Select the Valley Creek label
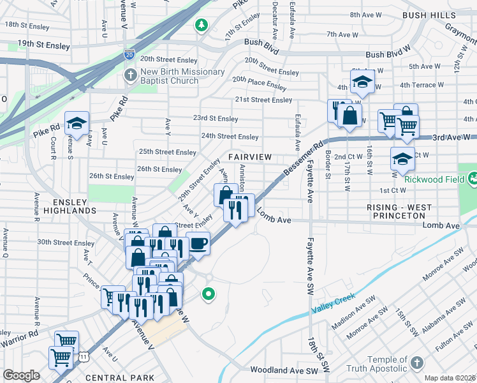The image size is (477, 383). [332, 305]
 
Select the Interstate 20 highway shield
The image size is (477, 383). [129, 56]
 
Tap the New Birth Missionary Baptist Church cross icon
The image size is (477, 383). [130, 76]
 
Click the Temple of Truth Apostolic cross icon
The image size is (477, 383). [416, 363]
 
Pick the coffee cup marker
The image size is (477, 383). [198, 243]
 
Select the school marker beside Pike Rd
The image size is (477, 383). [77, 123]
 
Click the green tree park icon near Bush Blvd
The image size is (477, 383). [202, 25]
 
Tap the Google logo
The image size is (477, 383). [21, 375]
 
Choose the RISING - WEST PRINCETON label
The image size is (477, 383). [399, 208]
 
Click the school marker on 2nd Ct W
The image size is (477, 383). [402, 158]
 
